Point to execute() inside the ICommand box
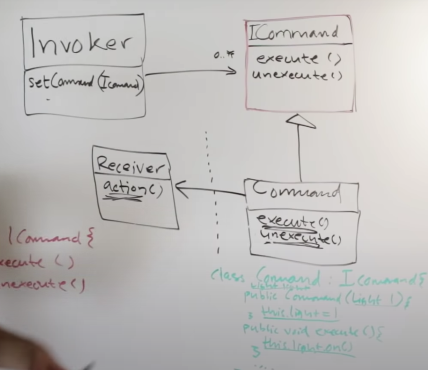coord(298,58)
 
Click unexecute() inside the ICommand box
coord(297,75)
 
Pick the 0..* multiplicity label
coord(224,55)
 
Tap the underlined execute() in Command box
coord(292,221)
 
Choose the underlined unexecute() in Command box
coord(300,238)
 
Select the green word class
coord(227,276)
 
